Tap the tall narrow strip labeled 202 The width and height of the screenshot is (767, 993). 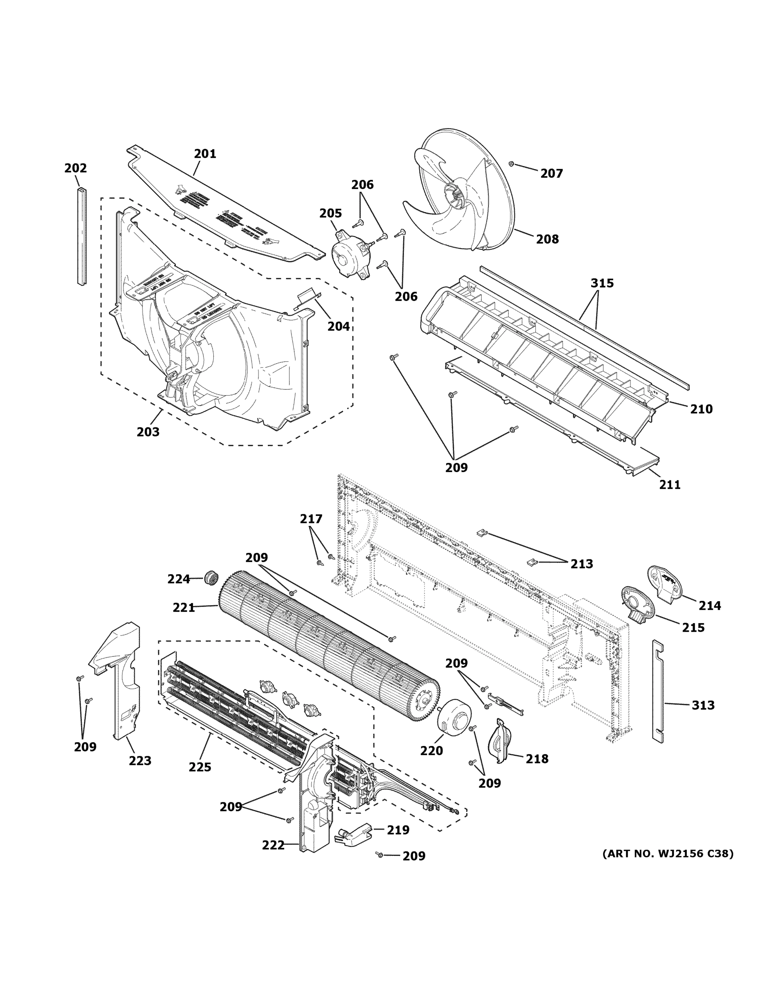tap(82, 236)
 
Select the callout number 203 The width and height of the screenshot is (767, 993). tap(148, 432)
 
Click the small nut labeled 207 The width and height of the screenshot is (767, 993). tap(511, 163)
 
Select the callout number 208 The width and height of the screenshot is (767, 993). tap(547, 239)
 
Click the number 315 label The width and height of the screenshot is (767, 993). tap(602, 283)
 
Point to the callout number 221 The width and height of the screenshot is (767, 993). tap(184, 607)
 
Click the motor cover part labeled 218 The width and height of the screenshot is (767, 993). tap(499, 741)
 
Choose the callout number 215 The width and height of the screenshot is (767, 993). tap(693, 627)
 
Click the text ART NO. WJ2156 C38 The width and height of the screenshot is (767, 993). tap(667, 854)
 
